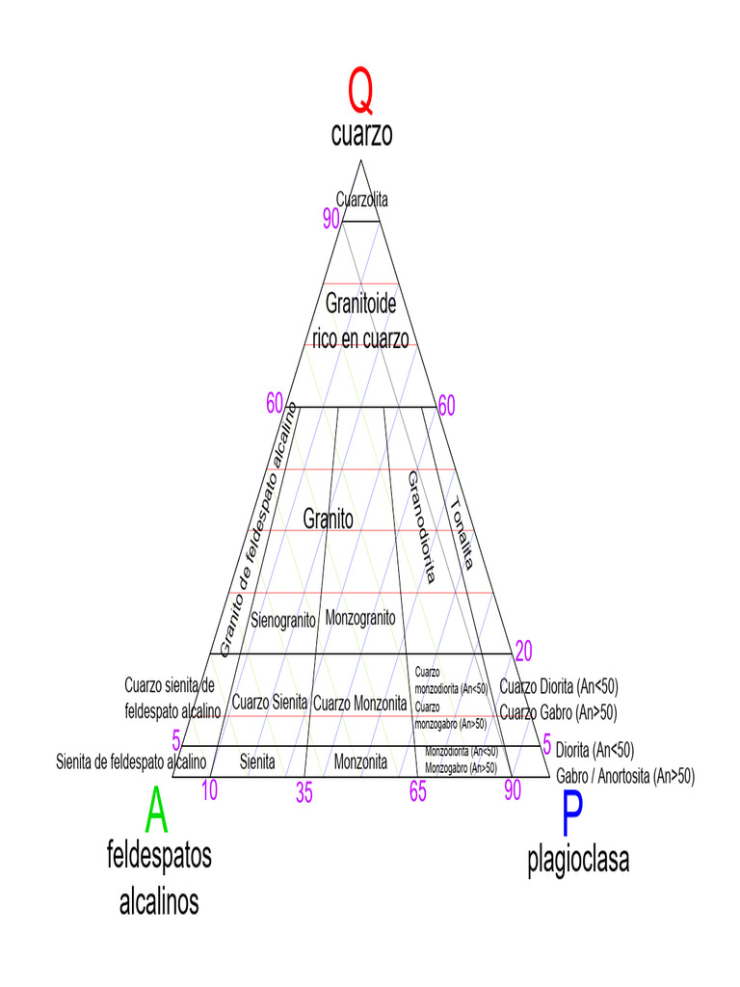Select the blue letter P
tap(570, 814)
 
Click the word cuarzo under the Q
tap(361, 135)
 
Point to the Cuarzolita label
tap(361, 200)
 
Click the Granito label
tap(328, 519)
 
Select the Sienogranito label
tap(283, 619)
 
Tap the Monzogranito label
tap(359, 617)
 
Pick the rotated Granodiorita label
tap(421, 527)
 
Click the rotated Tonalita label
tap(461, 533)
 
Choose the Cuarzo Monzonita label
tap(359, 704)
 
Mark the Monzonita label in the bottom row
tap(360, 762)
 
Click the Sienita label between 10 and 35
tap(257, 762)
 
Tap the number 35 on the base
tap(304, 793)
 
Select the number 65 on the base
tap(417, 792)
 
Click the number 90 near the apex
tap(330, 220)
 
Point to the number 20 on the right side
tap(524, 649)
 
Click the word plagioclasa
tap(578, 860)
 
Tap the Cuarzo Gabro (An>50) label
tap(558, 713)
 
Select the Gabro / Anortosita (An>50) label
tap(624, 775)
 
